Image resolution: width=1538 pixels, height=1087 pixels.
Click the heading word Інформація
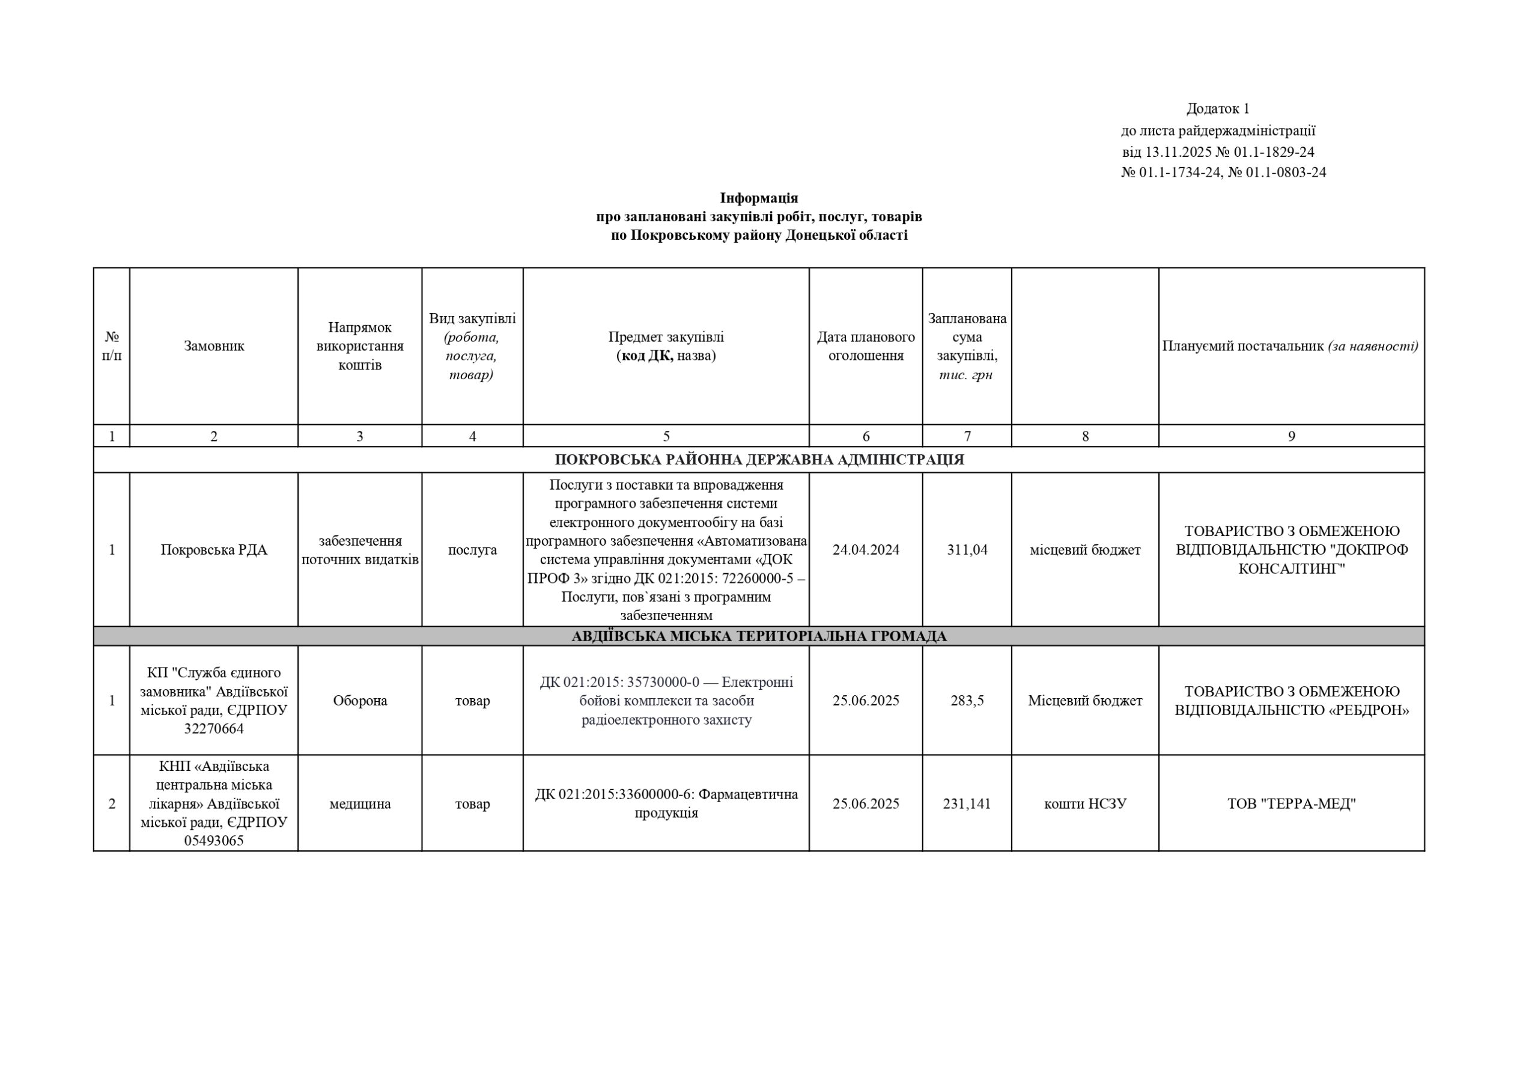[x=758, y=198]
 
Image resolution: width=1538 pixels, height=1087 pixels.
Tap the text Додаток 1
[x=1218, y=109]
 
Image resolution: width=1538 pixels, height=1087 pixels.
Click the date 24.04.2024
[x=866, y=550]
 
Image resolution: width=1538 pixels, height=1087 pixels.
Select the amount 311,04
[x=967, y=550]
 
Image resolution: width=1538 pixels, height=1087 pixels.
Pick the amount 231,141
[x=967, y=803]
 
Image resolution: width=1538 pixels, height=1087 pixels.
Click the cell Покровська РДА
[x=214, y=550]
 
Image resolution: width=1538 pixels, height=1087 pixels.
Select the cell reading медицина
[x=360, y=803]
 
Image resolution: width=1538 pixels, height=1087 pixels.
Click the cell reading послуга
[x=472, y=550]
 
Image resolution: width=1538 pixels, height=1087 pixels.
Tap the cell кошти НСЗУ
[x=1084, y=803]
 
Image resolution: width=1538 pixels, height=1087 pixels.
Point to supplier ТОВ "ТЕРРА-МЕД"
[x=1291, y=803]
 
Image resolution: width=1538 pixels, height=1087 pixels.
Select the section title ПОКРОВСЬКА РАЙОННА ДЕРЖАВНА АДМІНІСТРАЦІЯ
[x=758, y=460]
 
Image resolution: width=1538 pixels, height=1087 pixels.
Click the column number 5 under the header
[x=666, y=436]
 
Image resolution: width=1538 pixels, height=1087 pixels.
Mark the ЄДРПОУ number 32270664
[x=214, y=729]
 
